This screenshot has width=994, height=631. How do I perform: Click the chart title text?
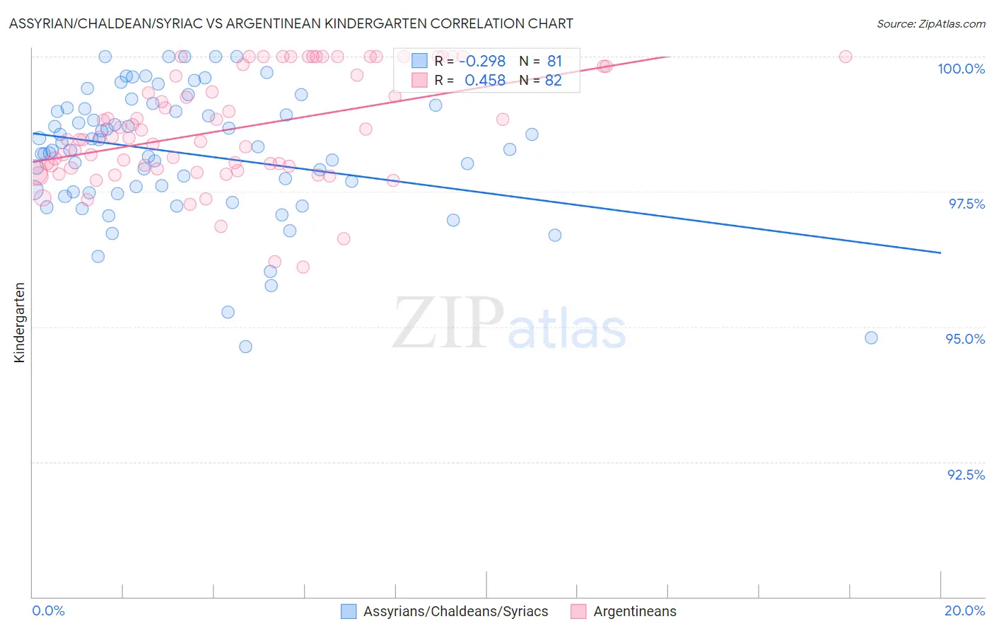[x=291, y=23]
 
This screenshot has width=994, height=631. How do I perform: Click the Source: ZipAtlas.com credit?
[x=930, y=23]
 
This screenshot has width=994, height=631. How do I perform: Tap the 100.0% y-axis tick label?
[x=961, y=69]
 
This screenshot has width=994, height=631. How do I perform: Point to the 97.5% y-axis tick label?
[x=966, y=204]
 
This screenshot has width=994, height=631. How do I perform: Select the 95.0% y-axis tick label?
[x=965, y=339]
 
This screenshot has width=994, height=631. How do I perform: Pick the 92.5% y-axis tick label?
[x=966, y=475]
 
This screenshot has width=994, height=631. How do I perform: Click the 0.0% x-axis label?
[x=48, y=610]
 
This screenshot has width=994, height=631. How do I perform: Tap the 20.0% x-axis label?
[x=964, y=610]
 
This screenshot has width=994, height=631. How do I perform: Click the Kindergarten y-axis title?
[x=19, y=323]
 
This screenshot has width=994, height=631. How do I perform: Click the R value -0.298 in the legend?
[x=482, y=61]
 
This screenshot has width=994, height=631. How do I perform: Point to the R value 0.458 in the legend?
[x=485, y=81]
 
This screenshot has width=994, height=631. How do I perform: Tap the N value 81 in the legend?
[x=554, y=61]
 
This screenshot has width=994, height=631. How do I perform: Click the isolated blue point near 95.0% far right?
[x=871, y=338]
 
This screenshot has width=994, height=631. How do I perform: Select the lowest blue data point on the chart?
[x=245, y=347]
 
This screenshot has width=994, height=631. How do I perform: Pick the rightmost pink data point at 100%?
[x=846, y=57]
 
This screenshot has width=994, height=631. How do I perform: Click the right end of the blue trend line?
[x=940, y=253]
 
